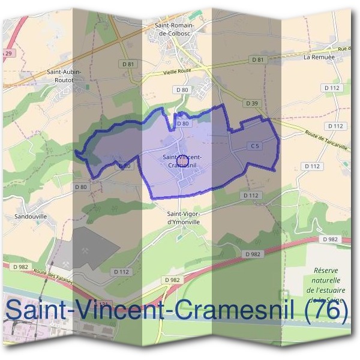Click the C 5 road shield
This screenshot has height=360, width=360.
254,146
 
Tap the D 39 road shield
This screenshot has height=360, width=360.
252,103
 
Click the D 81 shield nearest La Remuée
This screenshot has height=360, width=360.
257,59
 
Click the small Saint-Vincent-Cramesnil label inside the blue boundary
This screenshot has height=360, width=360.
182,161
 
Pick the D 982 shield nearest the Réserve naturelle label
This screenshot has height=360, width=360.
329,239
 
